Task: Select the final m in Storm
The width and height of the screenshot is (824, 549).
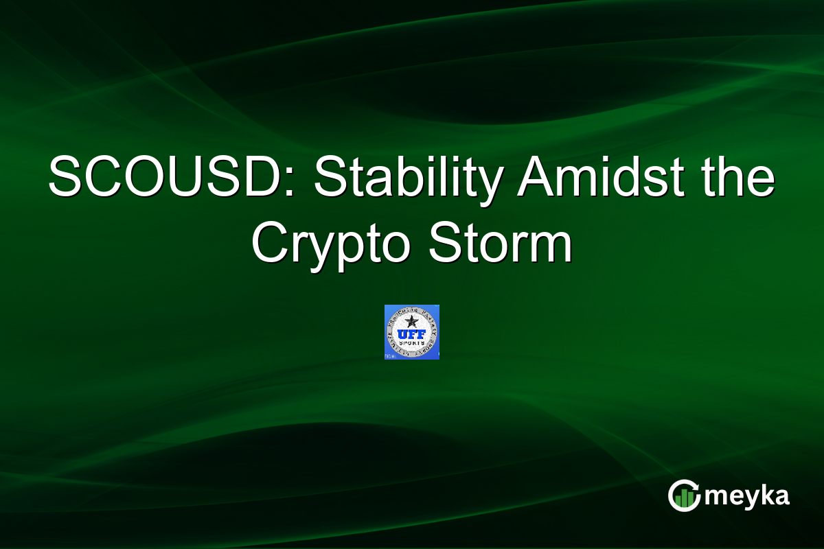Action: (x=552, y=248)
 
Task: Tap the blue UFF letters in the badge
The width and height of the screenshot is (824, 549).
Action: (x=412, y=334)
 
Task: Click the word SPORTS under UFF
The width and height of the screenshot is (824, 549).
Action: (x=412, y=344)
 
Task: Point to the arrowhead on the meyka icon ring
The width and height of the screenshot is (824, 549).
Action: (x=695, y=486)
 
